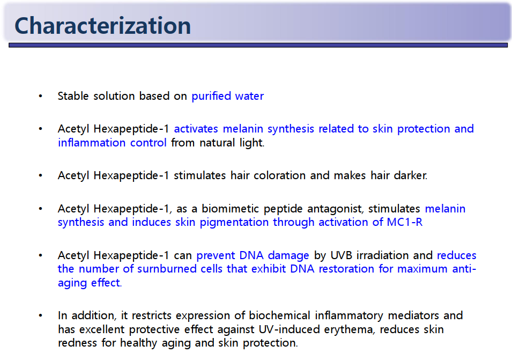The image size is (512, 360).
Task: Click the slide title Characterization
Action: click(102, 25)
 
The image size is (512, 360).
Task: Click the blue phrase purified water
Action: click(228, 96)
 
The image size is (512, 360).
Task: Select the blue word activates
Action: click(196, 129)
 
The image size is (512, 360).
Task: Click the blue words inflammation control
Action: click(112, 143)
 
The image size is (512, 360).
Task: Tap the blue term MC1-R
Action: click(405, 222)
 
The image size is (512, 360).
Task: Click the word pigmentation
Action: click(234, 223)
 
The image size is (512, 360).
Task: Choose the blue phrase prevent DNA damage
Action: click(253, 255)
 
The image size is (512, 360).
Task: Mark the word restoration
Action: click(346, 269)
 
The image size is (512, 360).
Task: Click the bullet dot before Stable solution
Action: click(41, 96)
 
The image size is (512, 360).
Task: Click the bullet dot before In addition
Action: click(41, 315)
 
